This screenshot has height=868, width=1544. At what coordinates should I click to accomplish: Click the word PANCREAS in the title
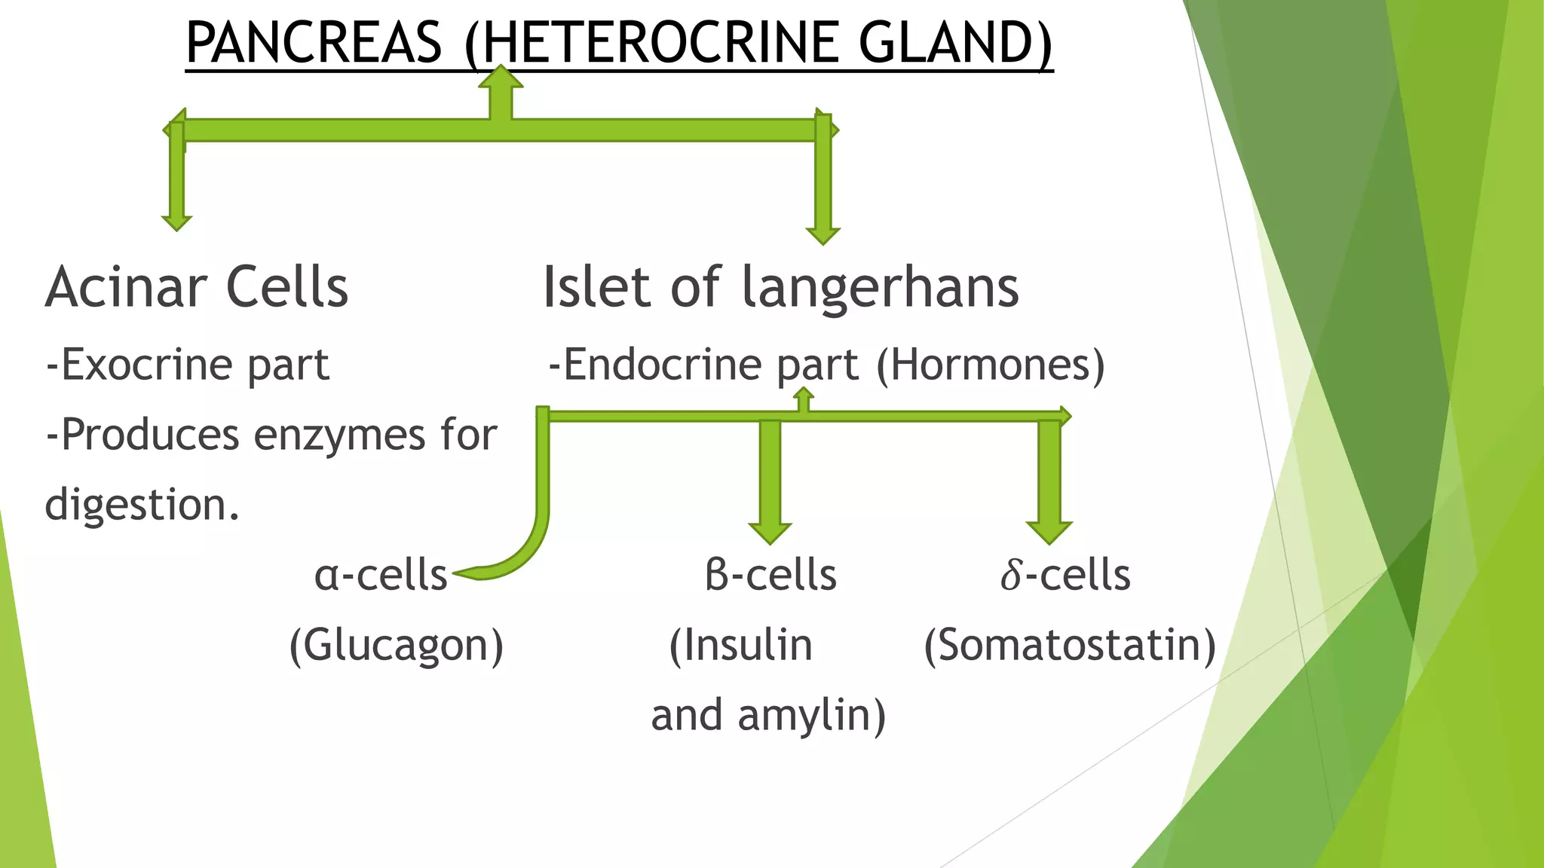[x=314, y=43]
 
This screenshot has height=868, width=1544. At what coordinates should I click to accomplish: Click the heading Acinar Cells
[x=197, y=288]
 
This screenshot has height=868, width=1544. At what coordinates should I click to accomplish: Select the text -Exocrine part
[x=187, y=365]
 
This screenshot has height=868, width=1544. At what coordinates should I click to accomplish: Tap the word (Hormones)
[x=990, y=365]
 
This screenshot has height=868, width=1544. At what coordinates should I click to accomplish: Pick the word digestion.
[x=142, y=505]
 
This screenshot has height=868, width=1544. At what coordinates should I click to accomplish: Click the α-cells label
[x=381, y=576]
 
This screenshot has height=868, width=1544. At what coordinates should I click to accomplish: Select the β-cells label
[x=770, y=576]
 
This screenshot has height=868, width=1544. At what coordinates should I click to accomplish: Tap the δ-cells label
[x=1065, y=576]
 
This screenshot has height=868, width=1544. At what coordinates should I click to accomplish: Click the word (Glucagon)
[x=397, y=646]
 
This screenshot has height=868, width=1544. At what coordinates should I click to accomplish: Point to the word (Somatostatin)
[x=1070, y=646]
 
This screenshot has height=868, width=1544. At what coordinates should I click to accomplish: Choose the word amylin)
[x=811, y=715]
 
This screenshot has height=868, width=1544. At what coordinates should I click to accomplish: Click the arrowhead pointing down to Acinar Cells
[x=176, y=222]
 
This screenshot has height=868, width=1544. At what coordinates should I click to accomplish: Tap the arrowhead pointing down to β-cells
[x=770, y=533]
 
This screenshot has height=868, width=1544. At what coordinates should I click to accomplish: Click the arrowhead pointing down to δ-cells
[x=1049, y=533]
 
